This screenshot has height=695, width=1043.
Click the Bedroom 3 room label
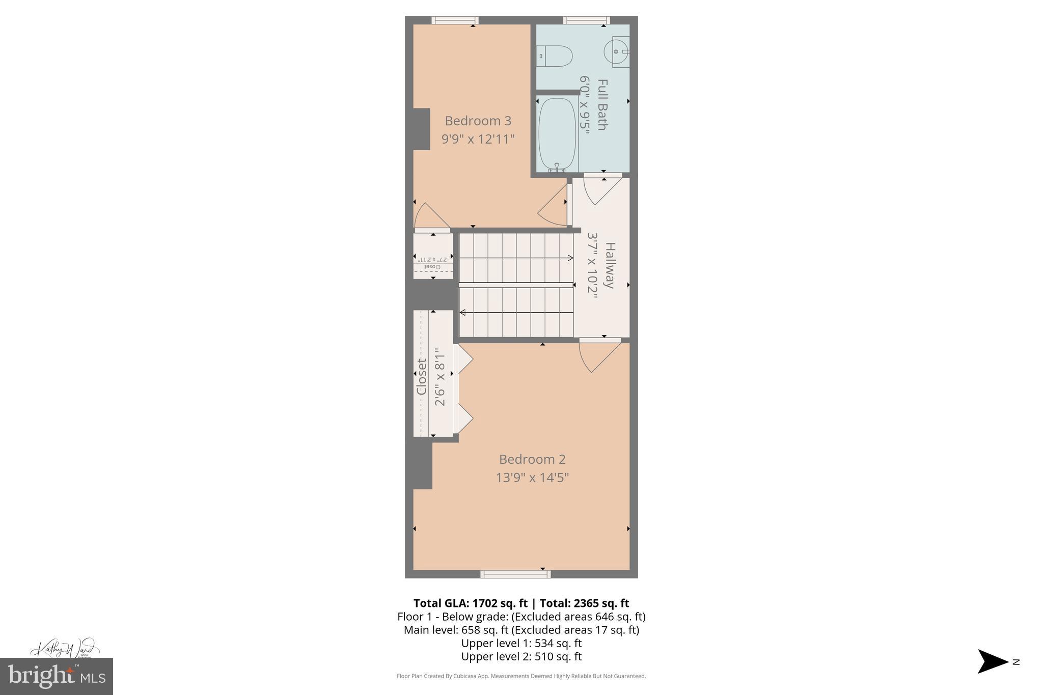(478, 121)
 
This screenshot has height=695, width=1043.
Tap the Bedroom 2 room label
(532, 459)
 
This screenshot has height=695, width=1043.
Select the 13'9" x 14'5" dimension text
(532, 478)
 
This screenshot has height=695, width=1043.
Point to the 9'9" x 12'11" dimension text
(478, 138)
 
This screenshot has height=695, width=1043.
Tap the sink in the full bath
(617, 51)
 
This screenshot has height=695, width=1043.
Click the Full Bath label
(602, 104)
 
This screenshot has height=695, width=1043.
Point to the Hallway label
(610, 265)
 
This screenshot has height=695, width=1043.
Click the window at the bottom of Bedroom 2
(515, 574)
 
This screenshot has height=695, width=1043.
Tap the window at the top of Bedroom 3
(455, 20)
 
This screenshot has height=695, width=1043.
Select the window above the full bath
(586, 20)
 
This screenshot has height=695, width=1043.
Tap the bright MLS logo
(57, 676)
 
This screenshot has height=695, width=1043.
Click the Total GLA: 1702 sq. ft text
(470, 603)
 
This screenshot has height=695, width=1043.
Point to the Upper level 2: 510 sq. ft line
(521, 657)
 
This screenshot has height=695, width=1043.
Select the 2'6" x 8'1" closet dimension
(440, 377)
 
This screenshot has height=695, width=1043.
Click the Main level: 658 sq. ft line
(521, 630)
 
